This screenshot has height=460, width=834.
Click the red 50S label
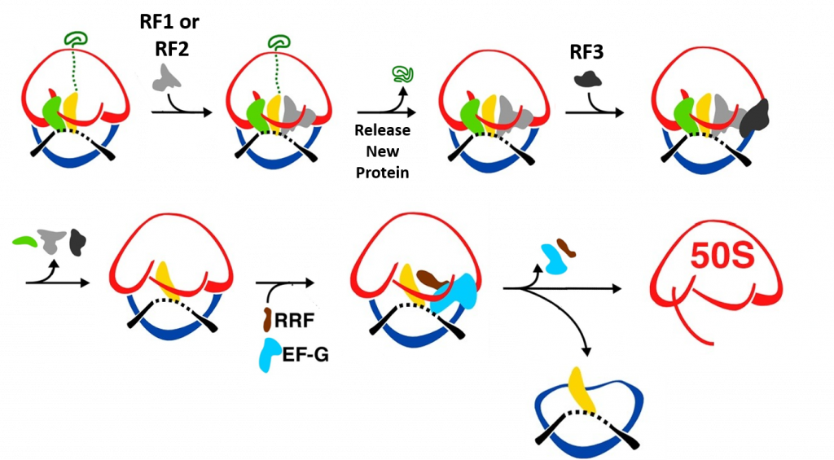(722, 255)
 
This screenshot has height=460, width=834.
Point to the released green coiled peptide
(402, 75)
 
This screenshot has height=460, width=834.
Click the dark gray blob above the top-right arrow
(587, 79)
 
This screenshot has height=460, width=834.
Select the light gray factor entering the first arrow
(169, 78)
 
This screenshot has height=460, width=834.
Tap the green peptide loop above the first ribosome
(77, 37)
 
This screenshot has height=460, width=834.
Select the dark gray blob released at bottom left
(78, 241)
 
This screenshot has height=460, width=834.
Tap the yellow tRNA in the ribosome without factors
(164, 278)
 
